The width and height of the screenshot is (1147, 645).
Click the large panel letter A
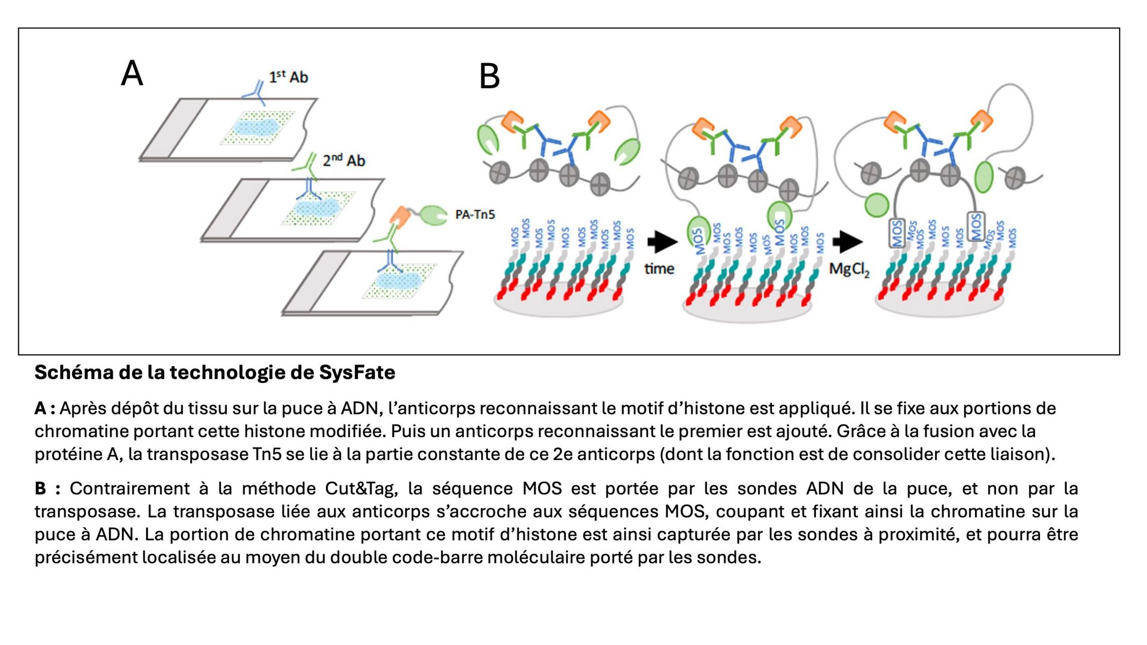[x=132, y=73]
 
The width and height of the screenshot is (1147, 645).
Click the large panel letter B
[x=489, y=76]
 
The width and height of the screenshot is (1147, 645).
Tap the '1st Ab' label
[x=289, y=77]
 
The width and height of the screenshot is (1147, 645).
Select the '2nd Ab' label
[x=344, y=161]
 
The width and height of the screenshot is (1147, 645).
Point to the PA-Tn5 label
[x=475, y=214]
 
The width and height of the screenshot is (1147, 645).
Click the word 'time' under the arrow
[x=659, y=268]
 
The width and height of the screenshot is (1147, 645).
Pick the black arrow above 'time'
[x=662, y=242]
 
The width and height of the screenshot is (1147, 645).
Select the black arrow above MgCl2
[x=847, y=242]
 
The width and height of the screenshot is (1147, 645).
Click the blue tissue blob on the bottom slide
[x=398, y=281]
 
